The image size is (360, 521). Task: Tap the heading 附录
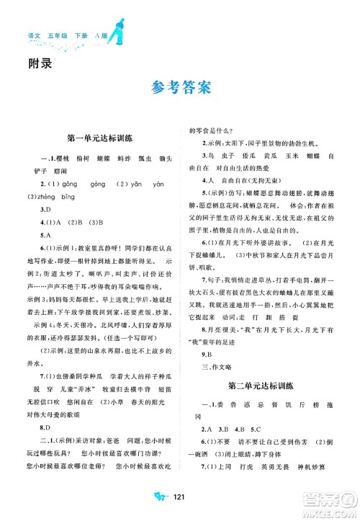(37, 62)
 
